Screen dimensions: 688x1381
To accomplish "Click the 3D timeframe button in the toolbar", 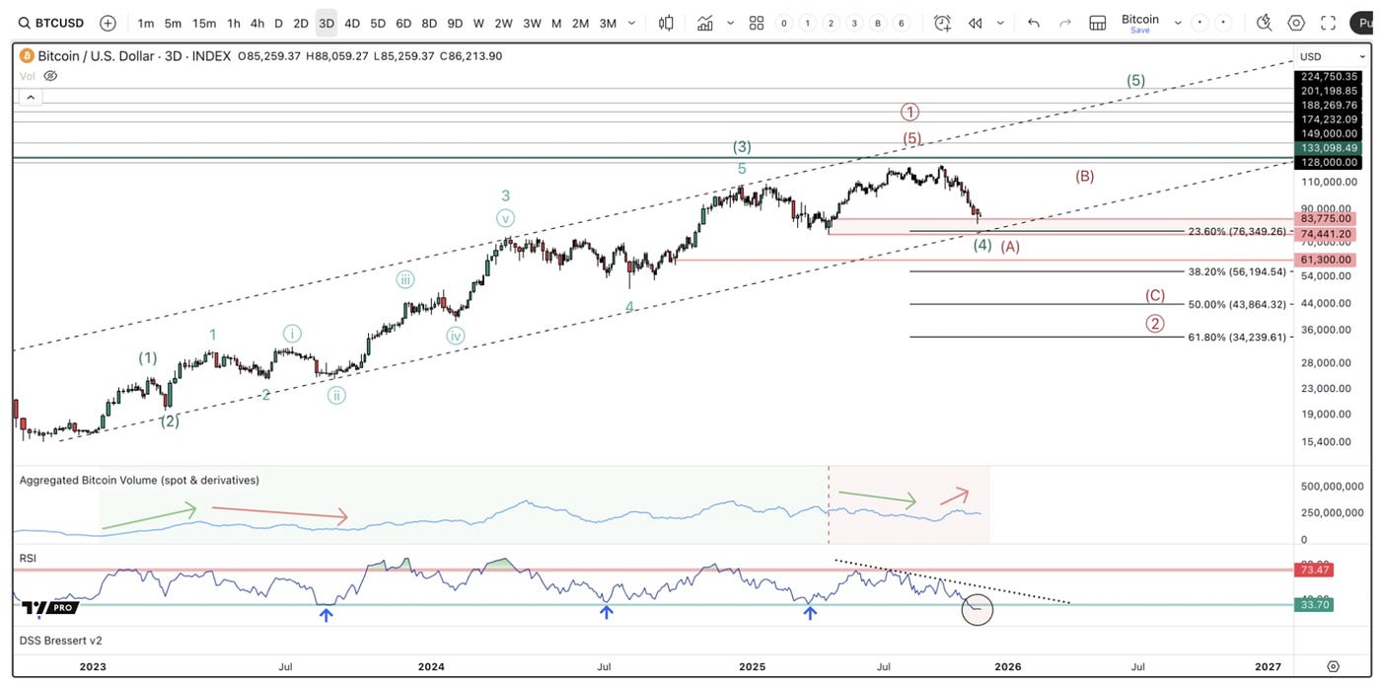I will [x=327, y=23].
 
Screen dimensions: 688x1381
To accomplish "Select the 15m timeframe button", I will [x=204, y=23].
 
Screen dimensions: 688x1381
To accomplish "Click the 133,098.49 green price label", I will [x=1328, y=148].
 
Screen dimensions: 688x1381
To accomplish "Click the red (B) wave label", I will [x=1084, y=177].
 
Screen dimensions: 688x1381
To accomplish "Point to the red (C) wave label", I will [x=1155, y=295].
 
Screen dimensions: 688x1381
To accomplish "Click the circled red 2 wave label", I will [x=1155, y=323].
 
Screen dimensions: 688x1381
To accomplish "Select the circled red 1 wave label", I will [x=909, y=113].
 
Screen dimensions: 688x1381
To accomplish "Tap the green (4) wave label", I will [x=982, y=245].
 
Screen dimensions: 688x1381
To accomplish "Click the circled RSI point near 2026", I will [x=977, y=609].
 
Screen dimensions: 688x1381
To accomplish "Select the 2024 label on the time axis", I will [x=431, y=666].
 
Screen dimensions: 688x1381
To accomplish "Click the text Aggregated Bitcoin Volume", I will [x=139, y=481].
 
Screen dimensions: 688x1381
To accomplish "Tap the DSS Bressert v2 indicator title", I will [x=61, y=641].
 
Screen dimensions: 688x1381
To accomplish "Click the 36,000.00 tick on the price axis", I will [x=1326, y=330].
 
